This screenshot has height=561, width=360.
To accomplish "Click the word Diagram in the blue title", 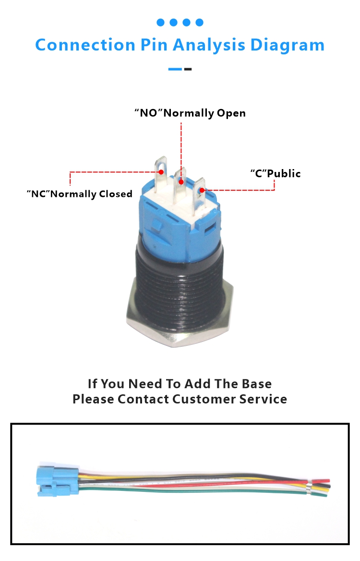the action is [287, 46].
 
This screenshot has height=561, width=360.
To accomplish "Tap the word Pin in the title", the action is [154, 45].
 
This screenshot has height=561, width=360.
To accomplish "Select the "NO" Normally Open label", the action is [190, 113].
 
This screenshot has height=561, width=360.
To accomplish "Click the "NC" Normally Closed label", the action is [80, 194].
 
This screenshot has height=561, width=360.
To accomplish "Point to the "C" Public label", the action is [276, 173].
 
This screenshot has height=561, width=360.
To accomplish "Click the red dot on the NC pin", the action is [161, 172].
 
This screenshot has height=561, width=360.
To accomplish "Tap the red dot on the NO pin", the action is [181, 182].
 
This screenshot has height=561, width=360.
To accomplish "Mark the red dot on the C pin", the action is [202, 190].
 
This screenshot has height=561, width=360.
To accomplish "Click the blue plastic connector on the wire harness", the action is [57, 480].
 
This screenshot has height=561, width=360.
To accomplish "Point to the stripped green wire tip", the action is [322, 494].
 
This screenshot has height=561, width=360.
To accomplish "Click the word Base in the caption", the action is [257, 384].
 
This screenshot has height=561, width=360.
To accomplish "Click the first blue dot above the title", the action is [160, 23].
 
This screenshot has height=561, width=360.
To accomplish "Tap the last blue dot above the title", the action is [200, 23].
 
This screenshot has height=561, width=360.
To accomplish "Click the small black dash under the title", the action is [188, 69].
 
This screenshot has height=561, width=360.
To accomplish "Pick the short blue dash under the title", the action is [175, 69].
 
